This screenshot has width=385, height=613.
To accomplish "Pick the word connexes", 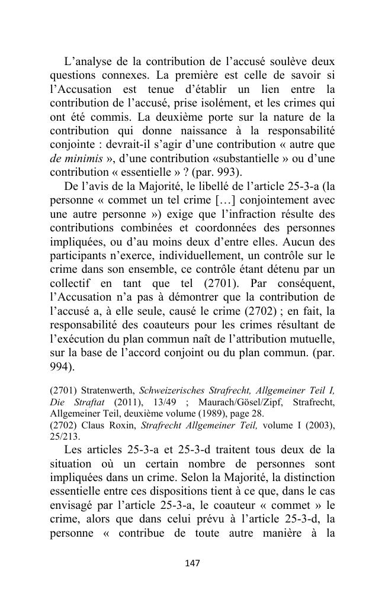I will click(x=115, y=75).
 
